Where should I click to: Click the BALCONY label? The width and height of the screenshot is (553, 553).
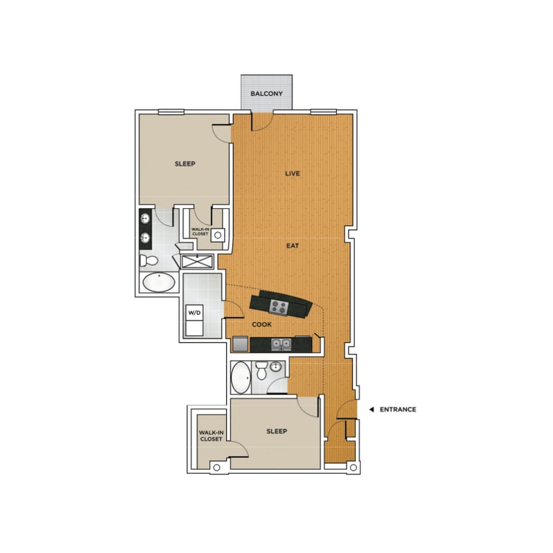[267, 94]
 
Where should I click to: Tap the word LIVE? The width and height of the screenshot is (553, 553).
[292, 174]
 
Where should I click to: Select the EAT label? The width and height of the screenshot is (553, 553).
[292, 246]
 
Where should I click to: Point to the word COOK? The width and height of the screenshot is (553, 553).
[261, 324]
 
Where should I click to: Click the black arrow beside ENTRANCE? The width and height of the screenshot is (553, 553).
[371, 410]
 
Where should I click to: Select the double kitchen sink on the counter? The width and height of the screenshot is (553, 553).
[282, 343]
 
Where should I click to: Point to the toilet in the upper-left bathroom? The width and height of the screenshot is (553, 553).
[149, 261]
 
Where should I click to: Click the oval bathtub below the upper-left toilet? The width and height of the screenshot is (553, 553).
[159, 283]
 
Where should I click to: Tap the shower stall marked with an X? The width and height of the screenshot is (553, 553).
[197, 261]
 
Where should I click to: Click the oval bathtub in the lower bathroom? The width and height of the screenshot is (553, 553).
[240, 377]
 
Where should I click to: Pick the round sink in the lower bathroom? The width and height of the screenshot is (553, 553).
[276, 366]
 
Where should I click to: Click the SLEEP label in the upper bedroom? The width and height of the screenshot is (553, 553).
[185, 164]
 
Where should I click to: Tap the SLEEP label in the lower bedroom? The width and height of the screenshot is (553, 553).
[276, 432]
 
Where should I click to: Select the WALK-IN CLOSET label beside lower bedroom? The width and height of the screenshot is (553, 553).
[211, 436]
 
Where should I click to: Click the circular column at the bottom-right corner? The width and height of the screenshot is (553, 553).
[353, 468]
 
